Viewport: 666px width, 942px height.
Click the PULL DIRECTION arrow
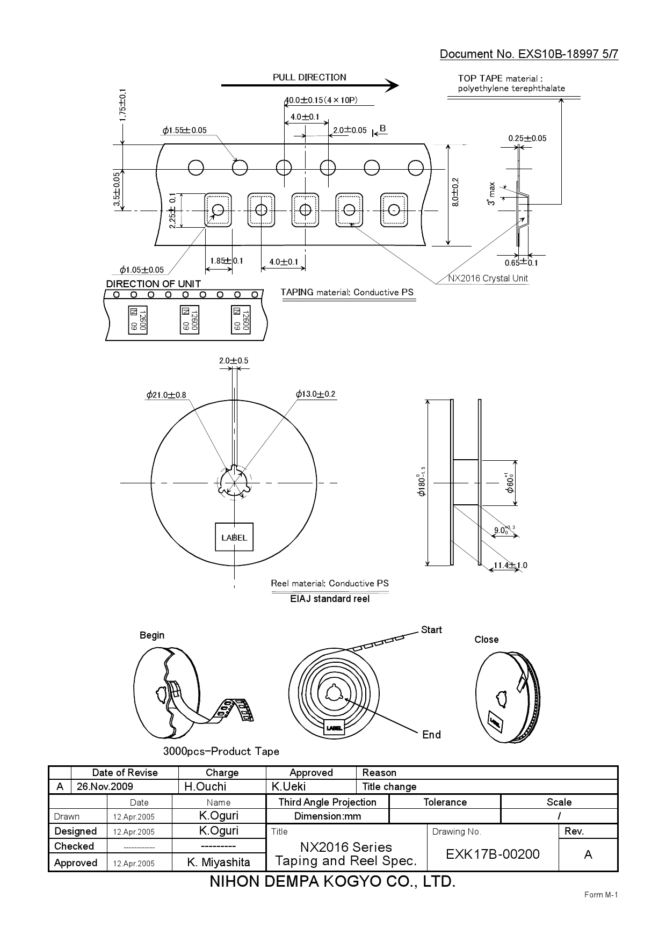pos(309,85)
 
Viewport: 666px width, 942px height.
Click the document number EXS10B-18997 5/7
pos(529,54)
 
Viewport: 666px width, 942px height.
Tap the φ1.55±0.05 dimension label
pos(184,131)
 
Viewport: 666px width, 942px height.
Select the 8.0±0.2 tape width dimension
pos(455,193)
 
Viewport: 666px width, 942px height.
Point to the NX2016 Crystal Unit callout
pos(488,278)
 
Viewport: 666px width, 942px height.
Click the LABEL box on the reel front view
pos(234,537)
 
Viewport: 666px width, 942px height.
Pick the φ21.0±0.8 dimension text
pos(166,395)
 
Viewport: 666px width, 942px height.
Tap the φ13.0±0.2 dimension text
pos(315,394)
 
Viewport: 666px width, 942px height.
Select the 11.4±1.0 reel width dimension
pos(510,565)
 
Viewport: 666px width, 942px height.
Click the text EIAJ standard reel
pos(330,599)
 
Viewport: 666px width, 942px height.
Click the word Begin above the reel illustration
pos(152,635)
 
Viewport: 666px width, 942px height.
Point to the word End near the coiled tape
pos(431,735)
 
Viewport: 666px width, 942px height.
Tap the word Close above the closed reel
pos(486,640)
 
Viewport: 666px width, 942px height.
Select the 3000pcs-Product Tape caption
pos(221,751)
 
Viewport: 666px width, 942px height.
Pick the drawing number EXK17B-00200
pos(493,854)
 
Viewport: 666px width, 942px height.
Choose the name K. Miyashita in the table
pos(219,863)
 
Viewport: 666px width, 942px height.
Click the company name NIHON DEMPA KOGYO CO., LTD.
pos(332,881)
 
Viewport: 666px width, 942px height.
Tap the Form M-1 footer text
pos(601,895)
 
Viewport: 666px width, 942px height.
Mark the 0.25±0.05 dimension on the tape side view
pos(527,139)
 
